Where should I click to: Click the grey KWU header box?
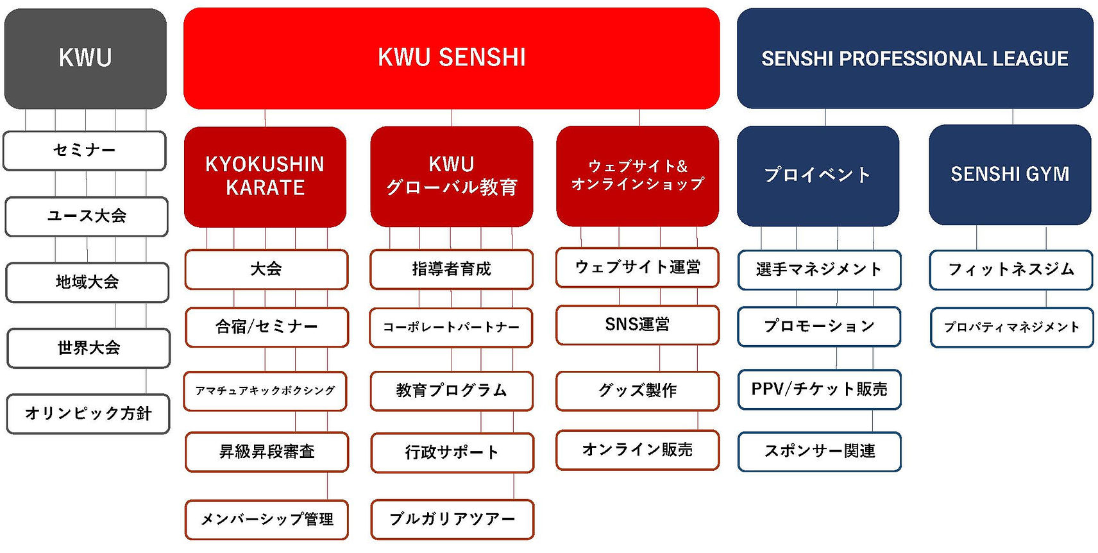tap(85, 58)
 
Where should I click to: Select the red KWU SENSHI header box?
tap(452, 58)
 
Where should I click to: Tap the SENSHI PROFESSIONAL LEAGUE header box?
tap(915, 58)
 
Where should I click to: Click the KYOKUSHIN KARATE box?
tap(265, 176)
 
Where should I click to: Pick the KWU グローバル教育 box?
tap(452, 176)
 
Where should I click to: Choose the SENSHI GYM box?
tap(1009, 175)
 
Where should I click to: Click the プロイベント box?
tap(818, 176)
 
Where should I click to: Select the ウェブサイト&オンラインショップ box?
tap(638, 176)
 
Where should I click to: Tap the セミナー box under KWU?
tap(84, 151)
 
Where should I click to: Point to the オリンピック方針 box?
tap(89, 414)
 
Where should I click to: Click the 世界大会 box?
tap(89, 348)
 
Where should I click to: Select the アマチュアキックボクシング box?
tap(265, 391)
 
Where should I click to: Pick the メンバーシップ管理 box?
tap(267, 520)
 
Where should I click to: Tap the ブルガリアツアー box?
tap(452, 520)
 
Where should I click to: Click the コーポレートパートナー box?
tap(451, 327)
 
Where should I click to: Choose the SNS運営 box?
tap(638, 325)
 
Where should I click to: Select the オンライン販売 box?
tap(638, 450)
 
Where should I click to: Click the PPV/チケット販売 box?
tap(820, 389)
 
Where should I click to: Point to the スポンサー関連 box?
tap(820, 452)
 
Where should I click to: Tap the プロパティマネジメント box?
tap(1011, 327)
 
